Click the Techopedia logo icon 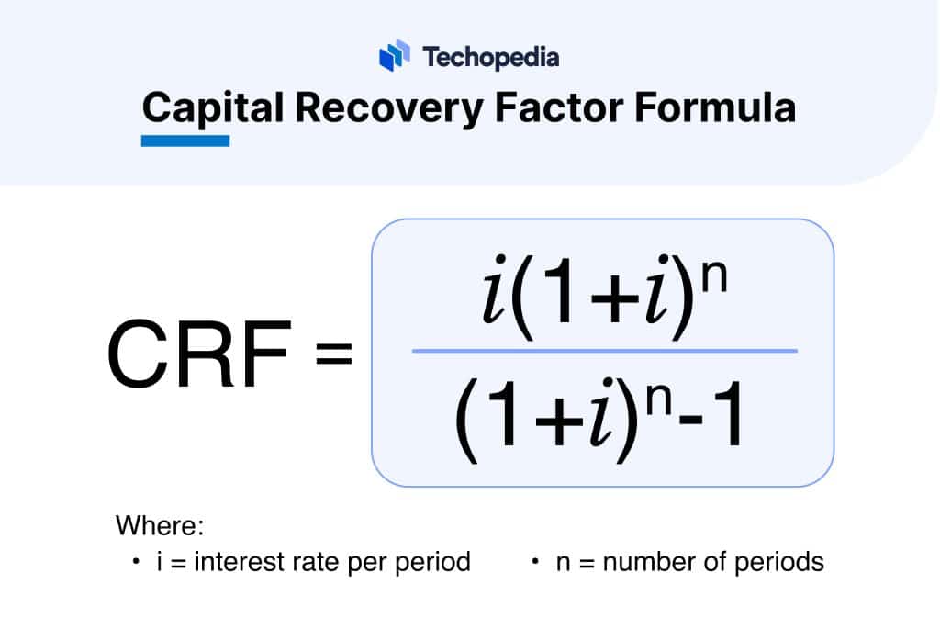pos(394,55)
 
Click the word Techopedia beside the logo pos(491,57)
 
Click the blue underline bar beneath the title pos(185,141)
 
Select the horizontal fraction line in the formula pos(604,351)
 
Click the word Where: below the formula pos(158,526)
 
